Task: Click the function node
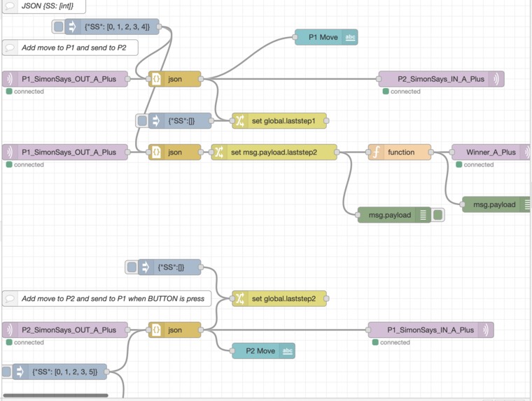click(400, 153)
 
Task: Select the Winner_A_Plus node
click(491, 153)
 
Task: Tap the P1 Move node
click(323, 38)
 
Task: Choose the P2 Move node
click(260, 351)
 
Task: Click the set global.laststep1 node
click(283, 121)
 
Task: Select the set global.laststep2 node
click(283, 299)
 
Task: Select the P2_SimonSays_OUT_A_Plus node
click(69, 330)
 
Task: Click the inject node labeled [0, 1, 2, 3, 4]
click(116, 27)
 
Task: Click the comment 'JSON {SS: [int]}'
click(49, 6)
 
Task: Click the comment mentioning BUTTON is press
click(112, 299)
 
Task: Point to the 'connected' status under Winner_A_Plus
click(478, 165)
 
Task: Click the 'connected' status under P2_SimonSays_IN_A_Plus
click(405, 92)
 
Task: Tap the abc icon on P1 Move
click(349, 38)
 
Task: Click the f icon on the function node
click(376, 153)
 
